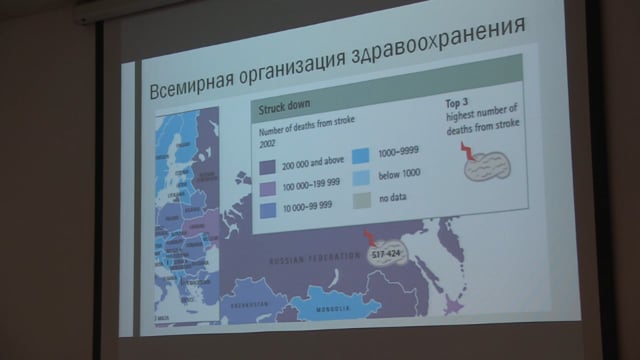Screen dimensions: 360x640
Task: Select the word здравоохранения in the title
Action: tap(443, 49)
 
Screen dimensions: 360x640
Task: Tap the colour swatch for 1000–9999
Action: tap(361, 156)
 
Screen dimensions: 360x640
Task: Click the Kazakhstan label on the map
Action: tap(244, 303)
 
